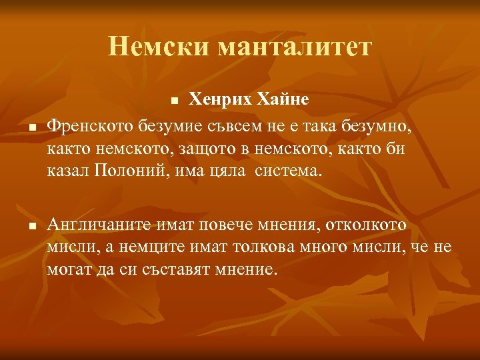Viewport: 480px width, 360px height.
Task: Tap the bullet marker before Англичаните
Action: (x=31, y=227)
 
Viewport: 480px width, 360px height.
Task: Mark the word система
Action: (x=291, y=171)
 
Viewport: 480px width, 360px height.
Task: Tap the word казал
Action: (x=68, y=171)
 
